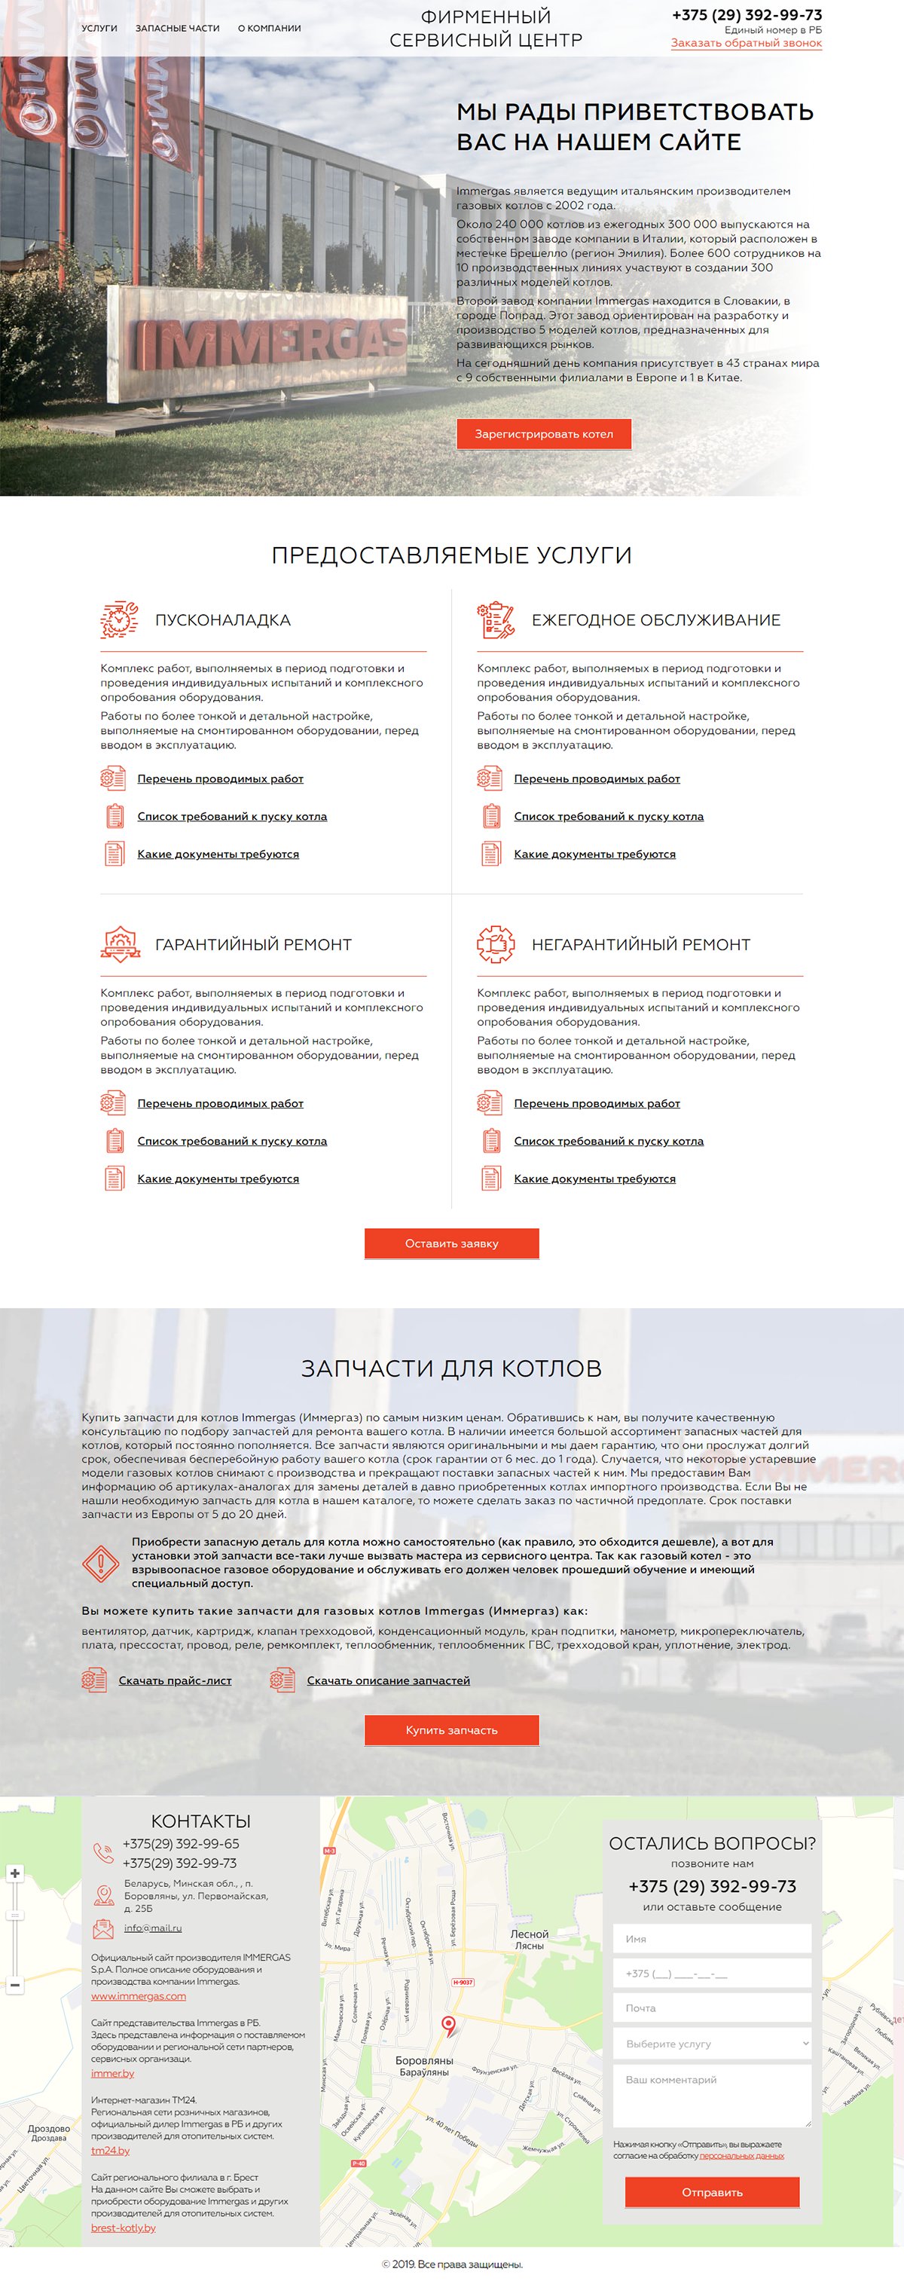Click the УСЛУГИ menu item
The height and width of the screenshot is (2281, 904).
99,29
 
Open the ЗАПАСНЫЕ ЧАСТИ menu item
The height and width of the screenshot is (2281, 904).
177,29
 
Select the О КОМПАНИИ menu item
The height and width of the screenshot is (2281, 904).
269,29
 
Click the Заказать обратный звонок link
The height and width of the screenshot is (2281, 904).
746,44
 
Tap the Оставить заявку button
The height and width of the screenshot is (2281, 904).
451,1243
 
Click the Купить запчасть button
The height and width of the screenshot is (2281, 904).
451,1729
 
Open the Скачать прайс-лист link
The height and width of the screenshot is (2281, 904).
176,1680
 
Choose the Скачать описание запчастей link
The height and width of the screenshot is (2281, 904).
388,1680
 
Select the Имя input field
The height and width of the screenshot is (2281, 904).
712,1938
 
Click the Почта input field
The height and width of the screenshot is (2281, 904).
712,2007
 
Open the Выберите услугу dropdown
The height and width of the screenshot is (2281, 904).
712,2043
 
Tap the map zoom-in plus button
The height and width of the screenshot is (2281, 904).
15,1873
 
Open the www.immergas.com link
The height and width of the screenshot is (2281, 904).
138,1996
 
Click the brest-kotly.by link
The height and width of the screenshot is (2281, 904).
123,2227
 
